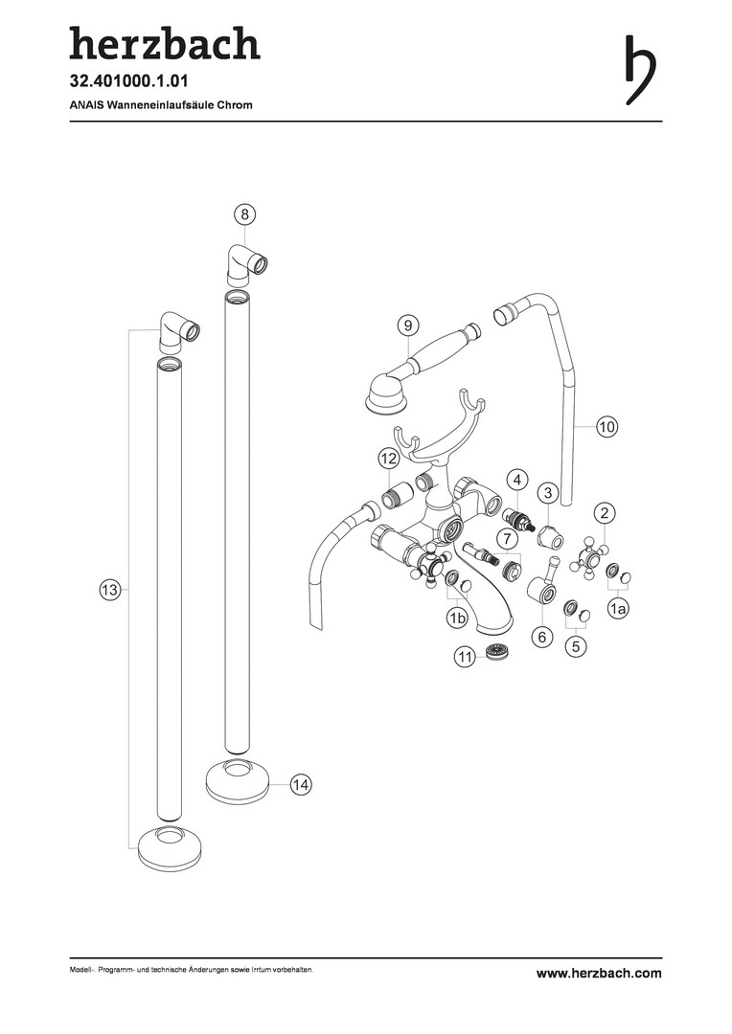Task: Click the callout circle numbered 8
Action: [x=245, y=213]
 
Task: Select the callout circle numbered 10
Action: [x=606, y=426]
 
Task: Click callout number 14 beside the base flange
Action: [x=301, y=784]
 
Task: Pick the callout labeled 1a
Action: [x=619, y=608]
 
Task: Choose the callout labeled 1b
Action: [x=457, y=620]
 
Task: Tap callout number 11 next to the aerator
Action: [x=466, y=657]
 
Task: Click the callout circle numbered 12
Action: [x=387, y=460]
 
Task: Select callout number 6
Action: [x=541, y=636]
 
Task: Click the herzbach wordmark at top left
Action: [x=164, y=43]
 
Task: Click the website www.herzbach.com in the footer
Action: [x=599, y=974]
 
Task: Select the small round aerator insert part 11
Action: [x=495, y=652]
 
